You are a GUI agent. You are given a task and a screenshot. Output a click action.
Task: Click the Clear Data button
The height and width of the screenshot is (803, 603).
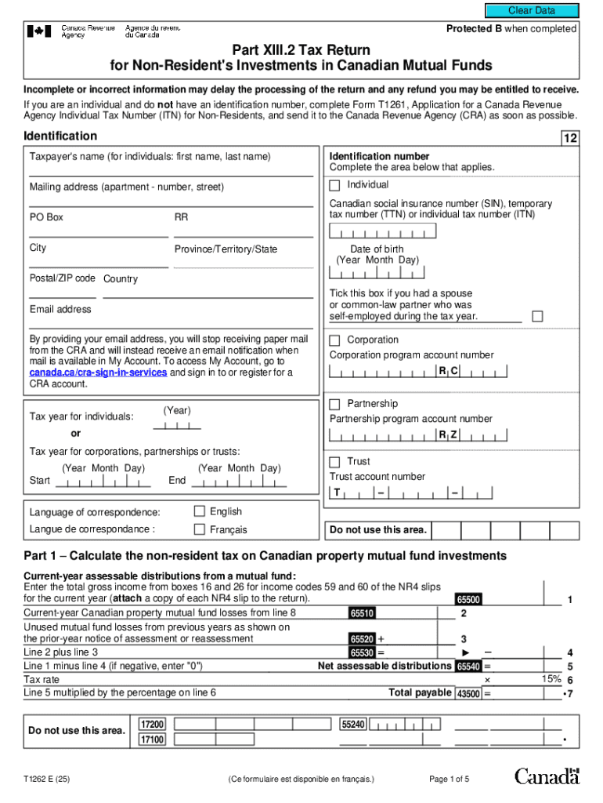coord(532,10)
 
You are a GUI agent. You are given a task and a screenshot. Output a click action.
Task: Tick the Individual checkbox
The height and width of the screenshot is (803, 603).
coord(334,186)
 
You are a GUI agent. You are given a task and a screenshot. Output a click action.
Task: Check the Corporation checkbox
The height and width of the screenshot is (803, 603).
coord(334,340)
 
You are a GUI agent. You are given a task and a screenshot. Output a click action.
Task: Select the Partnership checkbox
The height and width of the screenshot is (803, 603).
coord(334,404)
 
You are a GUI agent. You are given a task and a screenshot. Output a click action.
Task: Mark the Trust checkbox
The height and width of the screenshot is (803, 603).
coord(334,462)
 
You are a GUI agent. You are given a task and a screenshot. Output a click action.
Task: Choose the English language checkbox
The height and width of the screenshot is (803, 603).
coord(199,511)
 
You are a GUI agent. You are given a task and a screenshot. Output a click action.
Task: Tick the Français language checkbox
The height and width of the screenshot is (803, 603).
coord(199,529)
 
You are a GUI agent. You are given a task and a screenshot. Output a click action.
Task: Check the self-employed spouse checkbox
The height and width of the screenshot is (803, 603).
coord(537,316)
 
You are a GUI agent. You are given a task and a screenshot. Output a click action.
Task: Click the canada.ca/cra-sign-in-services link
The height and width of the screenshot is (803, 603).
coord(98,373)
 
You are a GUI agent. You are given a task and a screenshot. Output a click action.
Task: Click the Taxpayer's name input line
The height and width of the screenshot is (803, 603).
coord(171,172)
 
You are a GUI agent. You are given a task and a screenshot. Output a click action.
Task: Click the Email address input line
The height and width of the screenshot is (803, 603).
coord(171,324)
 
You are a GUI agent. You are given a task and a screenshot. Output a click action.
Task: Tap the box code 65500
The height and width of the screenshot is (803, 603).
coord(468,600)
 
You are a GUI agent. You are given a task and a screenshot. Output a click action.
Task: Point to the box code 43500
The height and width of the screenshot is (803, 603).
coord(468,693)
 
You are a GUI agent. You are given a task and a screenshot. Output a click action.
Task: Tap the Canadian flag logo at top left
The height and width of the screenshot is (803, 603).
coord(39,31)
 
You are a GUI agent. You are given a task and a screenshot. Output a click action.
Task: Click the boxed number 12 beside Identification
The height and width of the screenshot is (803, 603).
coord(570,139)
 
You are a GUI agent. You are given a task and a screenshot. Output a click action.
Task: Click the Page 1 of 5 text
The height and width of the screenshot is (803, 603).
coord(450,779)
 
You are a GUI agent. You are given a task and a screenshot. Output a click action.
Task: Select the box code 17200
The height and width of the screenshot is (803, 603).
coord(152,725)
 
